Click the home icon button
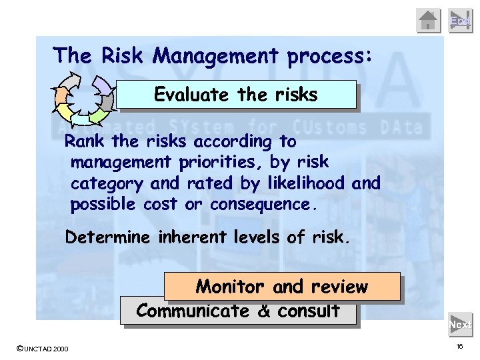(x=429, y=21)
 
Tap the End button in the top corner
(x=460, y=21)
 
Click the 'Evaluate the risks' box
(x=236, y=95)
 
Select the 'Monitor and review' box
(x=281, y=287)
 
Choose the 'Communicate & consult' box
(x=238, y=311)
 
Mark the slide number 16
(x=459, y=347)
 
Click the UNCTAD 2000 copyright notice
(x=42, y=348)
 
